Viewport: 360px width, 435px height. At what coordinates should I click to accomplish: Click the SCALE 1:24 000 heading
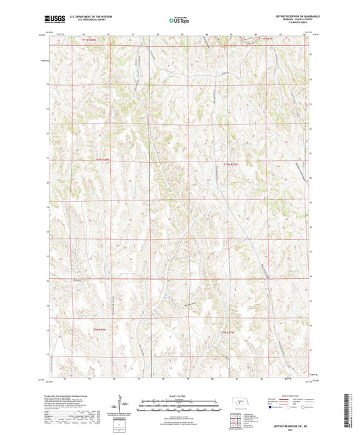[x=179, y=395]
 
